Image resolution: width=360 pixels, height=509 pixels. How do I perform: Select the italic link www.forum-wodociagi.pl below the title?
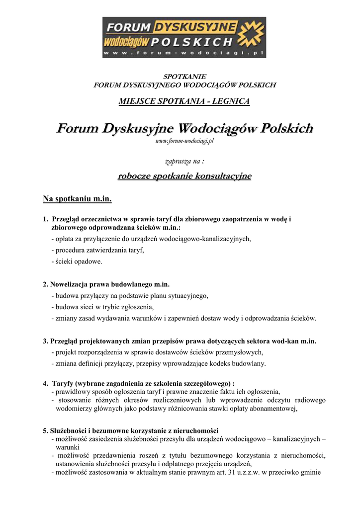(184, 141)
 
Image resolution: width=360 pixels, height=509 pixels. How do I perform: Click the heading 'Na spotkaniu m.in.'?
(77, 199)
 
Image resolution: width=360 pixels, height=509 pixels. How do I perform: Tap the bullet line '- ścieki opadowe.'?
(77, 261)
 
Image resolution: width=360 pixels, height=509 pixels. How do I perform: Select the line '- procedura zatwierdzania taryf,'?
(97, 250)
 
